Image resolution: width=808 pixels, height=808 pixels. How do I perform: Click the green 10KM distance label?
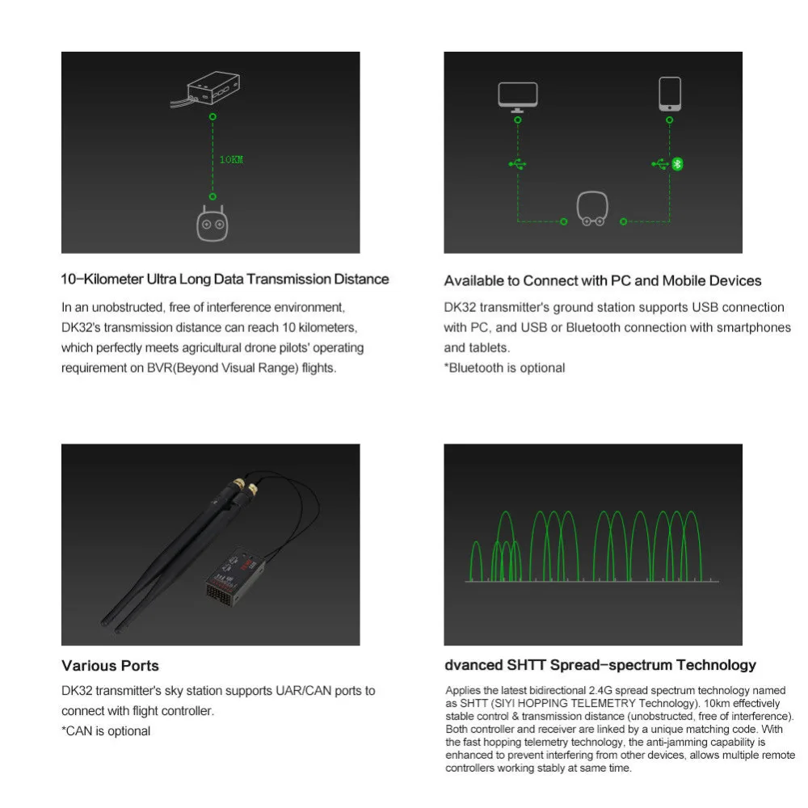pyautogui.click(x=231, y=160)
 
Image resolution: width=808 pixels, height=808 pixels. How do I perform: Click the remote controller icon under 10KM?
pyautogui.click(x=213, y=223)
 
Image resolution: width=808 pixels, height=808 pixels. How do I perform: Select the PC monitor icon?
pyautogui.click(x=518, y=97)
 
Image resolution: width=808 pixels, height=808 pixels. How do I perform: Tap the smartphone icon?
pyautogui.click(x=670, y=94)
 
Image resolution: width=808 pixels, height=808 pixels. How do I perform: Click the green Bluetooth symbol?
pyautogui.click(x=678, y=164)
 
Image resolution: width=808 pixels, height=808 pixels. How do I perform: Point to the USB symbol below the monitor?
pyautogui.click(x=517, y=164)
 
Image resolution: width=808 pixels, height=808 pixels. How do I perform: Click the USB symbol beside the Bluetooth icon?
pyautogui.click(x=660, y=164)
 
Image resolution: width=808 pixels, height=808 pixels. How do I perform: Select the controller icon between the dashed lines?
pyautogui.click(x=592, y=208)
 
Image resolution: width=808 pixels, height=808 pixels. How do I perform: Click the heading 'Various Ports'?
pyautogui.click(x=110, y=666)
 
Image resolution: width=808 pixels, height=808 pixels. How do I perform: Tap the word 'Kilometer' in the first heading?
pyautogui.click(x=114, y=280)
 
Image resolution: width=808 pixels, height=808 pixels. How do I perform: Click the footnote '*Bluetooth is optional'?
pyautogui.click(x=504, y=368)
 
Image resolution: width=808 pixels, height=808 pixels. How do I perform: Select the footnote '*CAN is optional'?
pyautogui.click(x=106, y=731)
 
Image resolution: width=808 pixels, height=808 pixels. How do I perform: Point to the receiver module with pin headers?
pyautogui.click(x=235, y=577)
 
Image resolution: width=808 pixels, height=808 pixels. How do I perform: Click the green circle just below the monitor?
pyautogui.click(x=518, y=120)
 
